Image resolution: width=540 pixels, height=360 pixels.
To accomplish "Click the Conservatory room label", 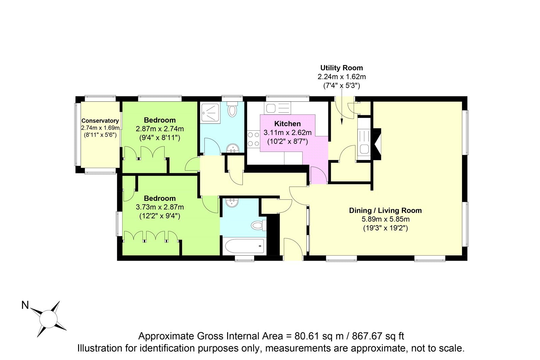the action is [x=100, y=121].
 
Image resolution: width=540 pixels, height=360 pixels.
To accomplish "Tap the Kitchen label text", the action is [x=287, y=124].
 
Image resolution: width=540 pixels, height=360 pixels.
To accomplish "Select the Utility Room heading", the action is [x=341, y=68].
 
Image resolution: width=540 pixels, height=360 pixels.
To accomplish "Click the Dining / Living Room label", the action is [x=385, y=210].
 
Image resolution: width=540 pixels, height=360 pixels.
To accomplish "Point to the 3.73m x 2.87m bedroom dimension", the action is [x=160, y=207].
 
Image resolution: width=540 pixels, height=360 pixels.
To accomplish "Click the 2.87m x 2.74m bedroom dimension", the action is [x=160, y=129].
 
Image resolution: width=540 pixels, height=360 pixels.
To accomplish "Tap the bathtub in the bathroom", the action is [x=244, y=246].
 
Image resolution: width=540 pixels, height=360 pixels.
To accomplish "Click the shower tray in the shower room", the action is [x=210, y=112].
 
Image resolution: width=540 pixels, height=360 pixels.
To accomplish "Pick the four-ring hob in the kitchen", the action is [x=253, y=139].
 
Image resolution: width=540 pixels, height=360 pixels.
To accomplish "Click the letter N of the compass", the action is [x=25, y=305].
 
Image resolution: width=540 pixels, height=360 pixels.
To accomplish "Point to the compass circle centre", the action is [x=49, y=319].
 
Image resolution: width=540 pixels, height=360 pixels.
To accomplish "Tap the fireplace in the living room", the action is [x=377, y=144].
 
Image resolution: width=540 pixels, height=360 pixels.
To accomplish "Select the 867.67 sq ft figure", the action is [x=378, y=336].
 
